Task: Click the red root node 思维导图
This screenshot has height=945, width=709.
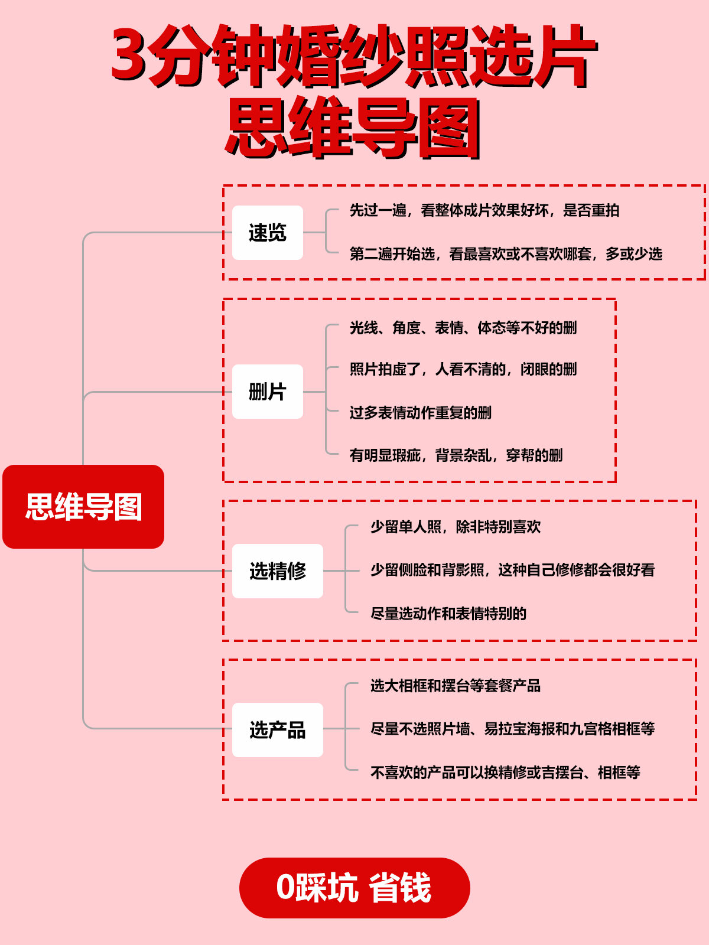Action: click(83, 506)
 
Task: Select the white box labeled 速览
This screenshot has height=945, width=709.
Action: click(267, 233)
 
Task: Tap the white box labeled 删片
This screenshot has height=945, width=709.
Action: click(267, 392)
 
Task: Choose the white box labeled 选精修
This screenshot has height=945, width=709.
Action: click(278, 571)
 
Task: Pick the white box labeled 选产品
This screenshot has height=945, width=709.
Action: click(278, 730)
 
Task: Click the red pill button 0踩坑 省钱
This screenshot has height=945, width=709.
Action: click(354, 888)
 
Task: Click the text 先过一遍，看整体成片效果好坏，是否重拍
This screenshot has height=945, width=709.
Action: click(484, 210)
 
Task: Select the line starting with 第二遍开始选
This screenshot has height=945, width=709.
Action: click(506, 254)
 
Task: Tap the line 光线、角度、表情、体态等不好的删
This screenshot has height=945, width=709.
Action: click(463, 328)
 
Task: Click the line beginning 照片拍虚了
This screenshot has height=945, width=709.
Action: click(463, 369)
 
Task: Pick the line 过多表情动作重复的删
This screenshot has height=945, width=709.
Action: click(421, 413)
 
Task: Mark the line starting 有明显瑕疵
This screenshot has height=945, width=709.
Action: click(456, 455)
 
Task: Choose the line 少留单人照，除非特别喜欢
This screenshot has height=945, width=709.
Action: click(456, 526)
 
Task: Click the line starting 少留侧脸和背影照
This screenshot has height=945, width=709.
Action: click(512, 570)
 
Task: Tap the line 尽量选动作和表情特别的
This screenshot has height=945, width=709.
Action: click(448, 614)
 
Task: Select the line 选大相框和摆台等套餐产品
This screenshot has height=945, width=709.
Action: click(456, 686)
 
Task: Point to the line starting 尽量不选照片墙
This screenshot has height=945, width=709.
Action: click(512, 729)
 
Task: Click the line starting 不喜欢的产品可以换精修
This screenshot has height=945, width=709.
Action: click(505, 773)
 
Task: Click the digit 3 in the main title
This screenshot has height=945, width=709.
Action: click(128, 56)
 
